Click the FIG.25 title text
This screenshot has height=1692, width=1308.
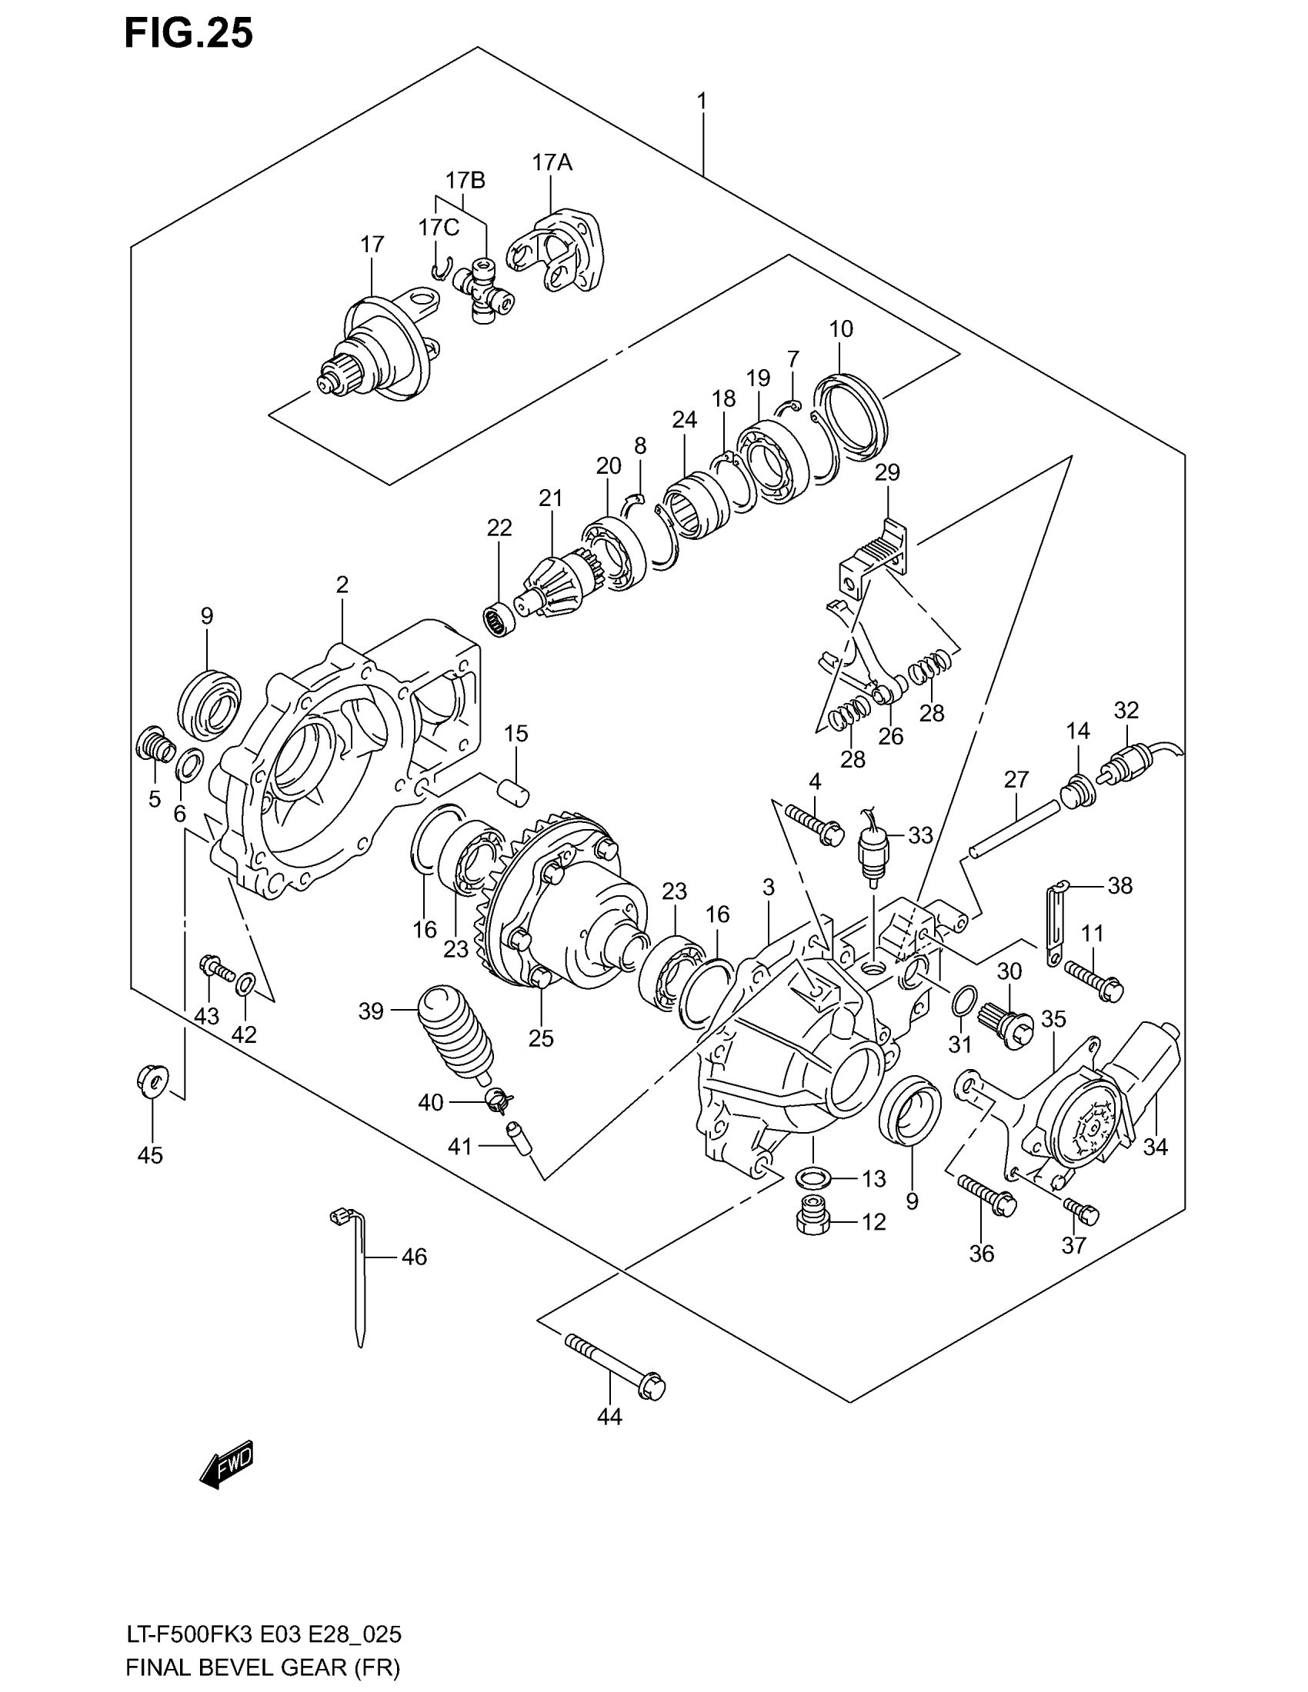click(x=189, y=34)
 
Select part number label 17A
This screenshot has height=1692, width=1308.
click(x=551, y=162)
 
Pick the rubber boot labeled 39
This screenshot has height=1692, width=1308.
click(x=455, y=1032)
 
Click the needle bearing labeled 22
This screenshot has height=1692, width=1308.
click(x=501, y=618)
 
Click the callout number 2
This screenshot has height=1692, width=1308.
click(x=342, y=585)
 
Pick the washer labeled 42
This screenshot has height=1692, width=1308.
click(x=245, y=984)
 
